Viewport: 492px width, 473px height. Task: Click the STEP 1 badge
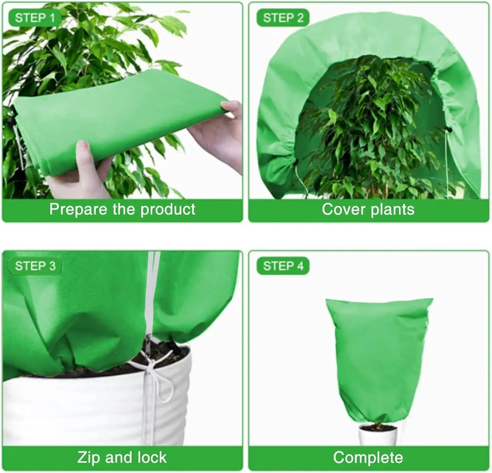pyautogui.click(x=35, y=18)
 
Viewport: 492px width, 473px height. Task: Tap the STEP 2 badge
pyautogui.click(x=283, y=18)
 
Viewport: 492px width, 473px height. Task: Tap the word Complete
pyautogui.click(x=368, y=457)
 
